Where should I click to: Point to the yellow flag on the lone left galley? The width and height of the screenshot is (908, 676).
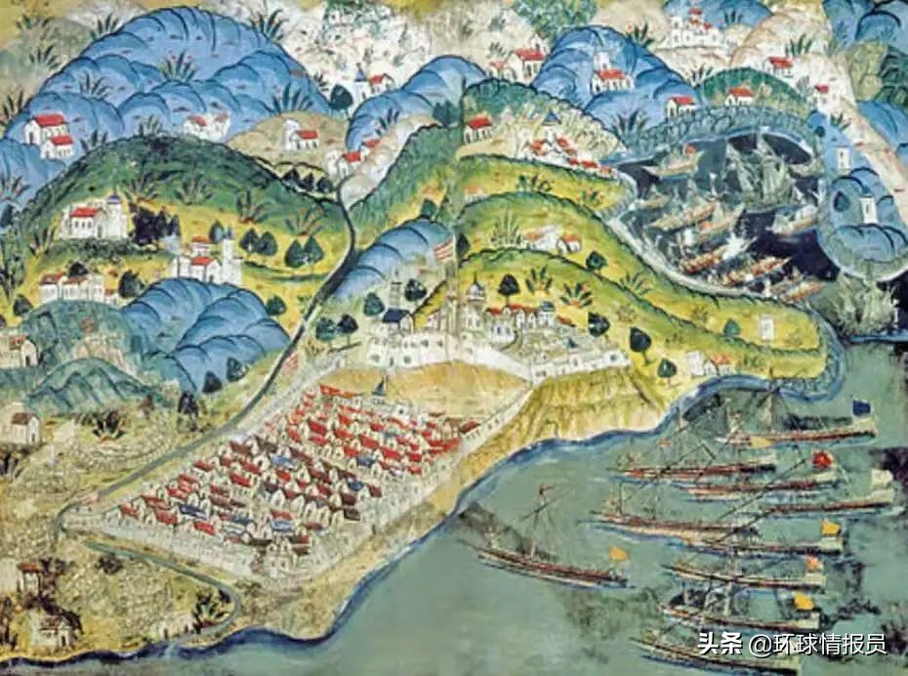click(x=619, y=554)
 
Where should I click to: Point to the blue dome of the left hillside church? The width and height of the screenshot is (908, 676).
click(x=113, y=201)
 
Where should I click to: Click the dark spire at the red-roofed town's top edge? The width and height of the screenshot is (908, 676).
click(x=380, y=386)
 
